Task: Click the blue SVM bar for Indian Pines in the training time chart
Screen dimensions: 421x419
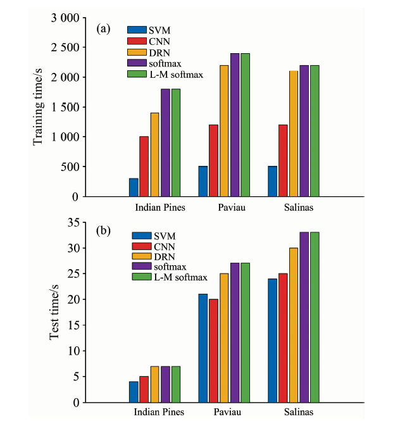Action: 134,187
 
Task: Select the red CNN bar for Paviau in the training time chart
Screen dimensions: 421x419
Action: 213,161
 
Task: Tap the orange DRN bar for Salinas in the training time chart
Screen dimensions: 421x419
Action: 293,134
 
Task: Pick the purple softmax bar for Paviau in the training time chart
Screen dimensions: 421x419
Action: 235,125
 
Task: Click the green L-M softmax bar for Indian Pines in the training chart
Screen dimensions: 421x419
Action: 176,142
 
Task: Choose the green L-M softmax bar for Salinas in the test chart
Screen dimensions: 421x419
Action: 315,317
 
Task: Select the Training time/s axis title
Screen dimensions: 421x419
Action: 39,108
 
